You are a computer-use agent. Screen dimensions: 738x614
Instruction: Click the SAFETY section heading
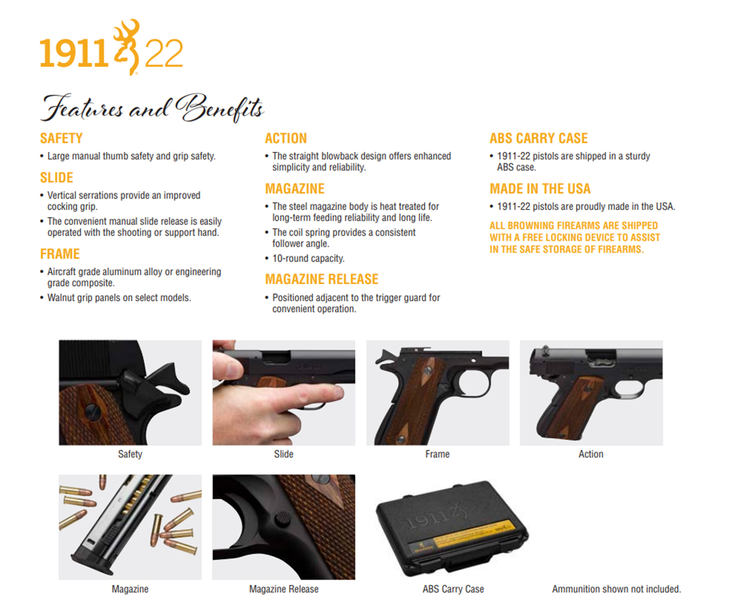(x=61, y=138)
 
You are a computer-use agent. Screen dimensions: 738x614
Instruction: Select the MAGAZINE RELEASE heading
(x=322, y=279)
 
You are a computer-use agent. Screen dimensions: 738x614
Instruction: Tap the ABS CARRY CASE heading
(x=539, y=138)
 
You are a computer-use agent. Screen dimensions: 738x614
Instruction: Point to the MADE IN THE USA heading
(x=540, y=189)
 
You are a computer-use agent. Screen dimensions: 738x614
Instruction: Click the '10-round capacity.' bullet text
(x=308, y=259)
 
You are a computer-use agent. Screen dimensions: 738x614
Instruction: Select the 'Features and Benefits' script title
(x=152, y=108)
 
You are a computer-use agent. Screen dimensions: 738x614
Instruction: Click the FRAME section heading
(x=60, y=254)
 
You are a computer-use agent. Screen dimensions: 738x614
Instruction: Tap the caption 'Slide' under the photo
(x=284, y=454)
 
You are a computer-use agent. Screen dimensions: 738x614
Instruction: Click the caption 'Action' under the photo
(x=591, y=454)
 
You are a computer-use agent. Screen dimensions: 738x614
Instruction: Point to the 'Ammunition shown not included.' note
(x=616, y=589)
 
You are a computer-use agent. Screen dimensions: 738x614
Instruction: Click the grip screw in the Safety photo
(x=91, y=412)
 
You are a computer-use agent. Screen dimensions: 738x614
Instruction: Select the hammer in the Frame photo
(x=384, y=356)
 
